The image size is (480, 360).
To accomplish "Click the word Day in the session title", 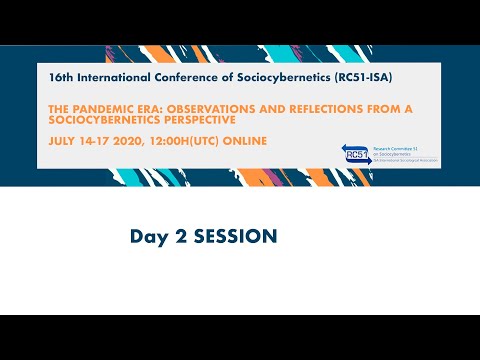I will (x=146, y=237).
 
